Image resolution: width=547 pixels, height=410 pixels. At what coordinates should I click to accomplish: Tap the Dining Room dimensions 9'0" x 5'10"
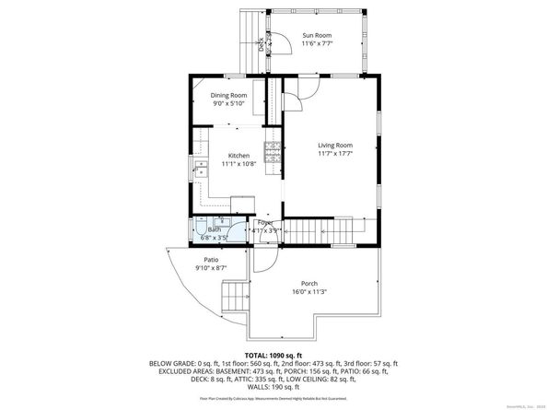(228, 103)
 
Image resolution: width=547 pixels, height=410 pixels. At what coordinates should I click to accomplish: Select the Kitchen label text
(239, 156)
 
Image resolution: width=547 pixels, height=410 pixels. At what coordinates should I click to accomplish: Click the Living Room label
(335, 146)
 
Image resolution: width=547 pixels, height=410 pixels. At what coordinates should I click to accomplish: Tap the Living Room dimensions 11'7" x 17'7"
(335, 155)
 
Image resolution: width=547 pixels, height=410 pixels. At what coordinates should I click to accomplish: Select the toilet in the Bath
(202, 229)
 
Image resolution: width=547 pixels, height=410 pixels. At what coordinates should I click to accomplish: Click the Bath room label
(215, 229)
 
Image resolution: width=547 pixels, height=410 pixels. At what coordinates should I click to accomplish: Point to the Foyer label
(265, 222)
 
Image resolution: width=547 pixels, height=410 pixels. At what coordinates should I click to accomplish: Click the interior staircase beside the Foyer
(327, 228)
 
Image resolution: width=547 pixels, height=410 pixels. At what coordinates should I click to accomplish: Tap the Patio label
(211, 260)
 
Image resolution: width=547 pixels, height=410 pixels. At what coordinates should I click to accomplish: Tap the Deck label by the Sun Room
(262, 41)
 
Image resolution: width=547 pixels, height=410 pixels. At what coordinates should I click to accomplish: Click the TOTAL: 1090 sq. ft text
(273, 355)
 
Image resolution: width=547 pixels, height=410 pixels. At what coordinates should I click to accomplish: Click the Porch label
(309, 283)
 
